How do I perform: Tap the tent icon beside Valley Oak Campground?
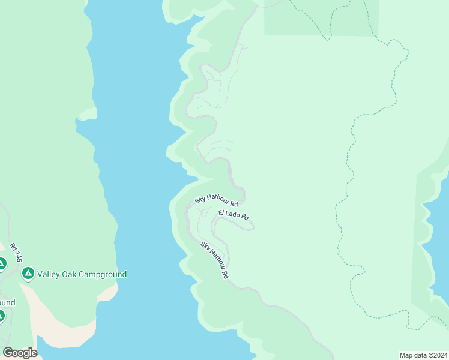pyautogui.click(x=28, y=274)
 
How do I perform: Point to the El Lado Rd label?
pyautogui.click(x=234, y=214)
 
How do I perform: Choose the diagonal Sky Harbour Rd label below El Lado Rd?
pyautogui.click(x=215, y=260)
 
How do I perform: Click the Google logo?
pyautogui.click(x=20, y=353)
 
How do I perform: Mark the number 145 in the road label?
pyautogui.click(x=18, y=257)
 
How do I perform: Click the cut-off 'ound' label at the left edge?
pyautogui.click(x=7, y=302)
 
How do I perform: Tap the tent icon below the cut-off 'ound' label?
pyautogui.click(x=2, y=316)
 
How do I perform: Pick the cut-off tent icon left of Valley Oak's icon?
pyautogui.click(x=2, y=263)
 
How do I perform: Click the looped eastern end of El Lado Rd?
pyautogui.click(x=250, y=226)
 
